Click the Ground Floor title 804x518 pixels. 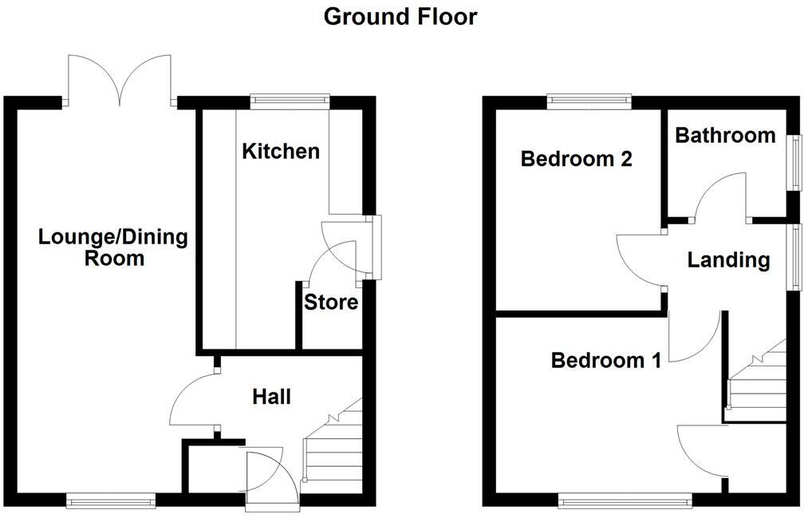point(400,16)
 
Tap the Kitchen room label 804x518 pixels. point(281,151)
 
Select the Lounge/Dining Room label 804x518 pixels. point(112,247)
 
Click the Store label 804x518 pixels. point(331,303)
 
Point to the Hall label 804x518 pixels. point(271,397)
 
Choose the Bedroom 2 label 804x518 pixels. point(576,159)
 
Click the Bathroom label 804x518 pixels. point(725,136)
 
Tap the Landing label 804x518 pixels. point(728,259)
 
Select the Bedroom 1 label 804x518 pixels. point(605,361)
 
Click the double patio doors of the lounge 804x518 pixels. point(120,80)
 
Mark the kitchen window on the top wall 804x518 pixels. point(290,100)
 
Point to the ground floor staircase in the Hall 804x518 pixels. point(332,451)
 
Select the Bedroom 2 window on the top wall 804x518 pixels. point(589,100)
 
